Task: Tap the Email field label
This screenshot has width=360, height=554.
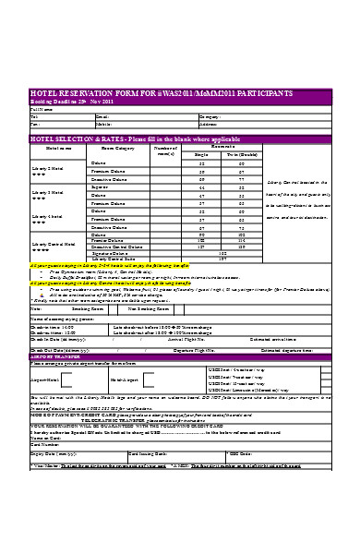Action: point(102,116)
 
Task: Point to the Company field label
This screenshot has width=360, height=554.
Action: point(210,116)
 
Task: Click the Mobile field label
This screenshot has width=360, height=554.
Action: point(103,124)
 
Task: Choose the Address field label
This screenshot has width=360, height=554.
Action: point(209,124)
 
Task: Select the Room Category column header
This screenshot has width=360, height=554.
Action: point(117,148)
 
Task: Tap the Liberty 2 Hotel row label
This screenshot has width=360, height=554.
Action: point(46,167)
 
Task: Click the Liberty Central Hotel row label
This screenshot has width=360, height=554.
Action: point(50,244)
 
